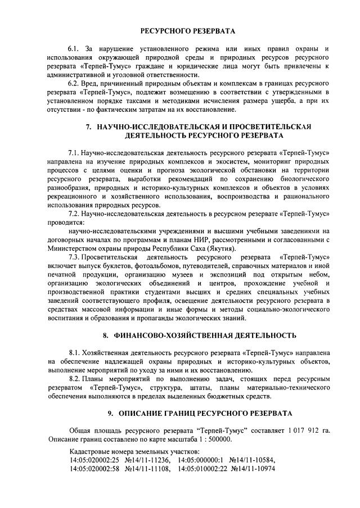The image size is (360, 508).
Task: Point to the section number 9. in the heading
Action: pos(111,413)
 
